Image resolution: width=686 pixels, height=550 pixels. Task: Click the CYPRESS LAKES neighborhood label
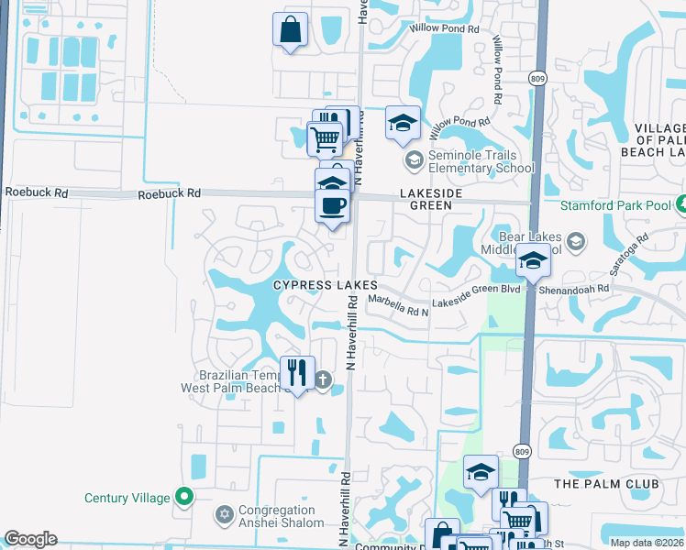326,285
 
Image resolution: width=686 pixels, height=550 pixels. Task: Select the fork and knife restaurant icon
296,372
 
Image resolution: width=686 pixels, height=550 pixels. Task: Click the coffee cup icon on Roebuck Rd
332,204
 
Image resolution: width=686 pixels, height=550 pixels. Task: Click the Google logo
30,540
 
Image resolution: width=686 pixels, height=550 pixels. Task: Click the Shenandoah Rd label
579,288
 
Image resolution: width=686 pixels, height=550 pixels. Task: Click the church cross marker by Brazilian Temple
323,379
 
